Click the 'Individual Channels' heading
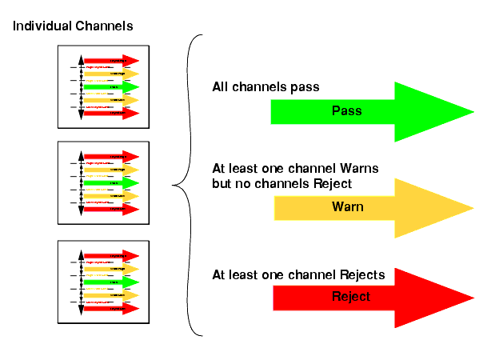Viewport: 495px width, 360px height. point(72,26)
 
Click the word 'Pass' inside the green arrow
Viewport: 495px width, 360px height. point(346,111)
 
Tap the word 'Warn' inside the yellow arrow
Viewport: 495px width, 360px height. point(348,207)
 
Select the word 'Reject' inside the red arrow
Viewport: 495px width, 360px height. point(350,297)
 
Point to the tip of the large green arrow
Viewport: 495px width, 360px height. point(473,111)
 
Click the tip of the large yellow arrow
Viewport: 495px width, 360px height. point(473,208)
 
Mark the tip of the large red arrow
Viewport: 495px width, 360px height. point(473,298)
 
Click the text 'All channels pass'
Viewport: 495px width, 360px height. point(265,86)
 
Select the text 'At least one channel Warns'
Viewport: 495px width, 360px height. point(295,169)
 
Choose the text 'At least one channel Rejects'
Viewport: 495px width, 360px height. point(298,275)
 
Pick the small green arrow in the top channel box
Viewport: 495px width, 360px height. point(111,86)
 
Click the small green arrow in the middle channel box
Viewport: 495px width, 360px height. point(111,183)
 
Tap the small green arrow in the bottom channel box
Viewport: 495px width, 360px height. point(111,282)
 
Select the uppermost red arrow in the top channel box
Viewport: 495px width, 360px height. point(111,60)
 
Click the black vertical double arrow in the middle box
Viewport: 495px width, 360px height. point(81,183)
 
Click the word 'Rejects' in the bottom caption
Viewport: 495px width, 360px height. point(363,275)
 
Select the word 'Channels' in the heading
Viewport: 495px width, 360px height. point(103,26)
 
